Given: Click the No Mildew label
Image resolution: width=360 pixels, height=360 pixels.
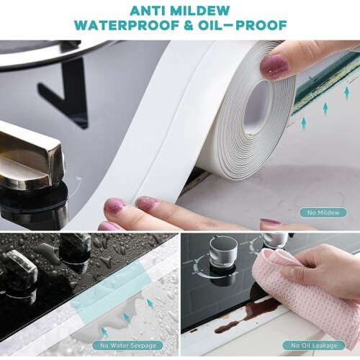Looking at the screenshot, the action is [x=323, y=212].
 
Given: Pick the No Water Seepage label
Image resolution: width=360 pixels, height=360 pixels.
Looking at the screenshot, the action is [x=128, y=346].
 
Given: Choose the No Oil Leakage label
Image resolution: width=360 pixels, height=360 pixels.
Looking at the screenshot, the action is [x=314, y=346].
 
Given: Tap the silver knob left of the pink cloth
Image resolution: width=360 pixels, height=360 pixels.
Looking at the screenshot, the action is [x=223, y=252].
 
